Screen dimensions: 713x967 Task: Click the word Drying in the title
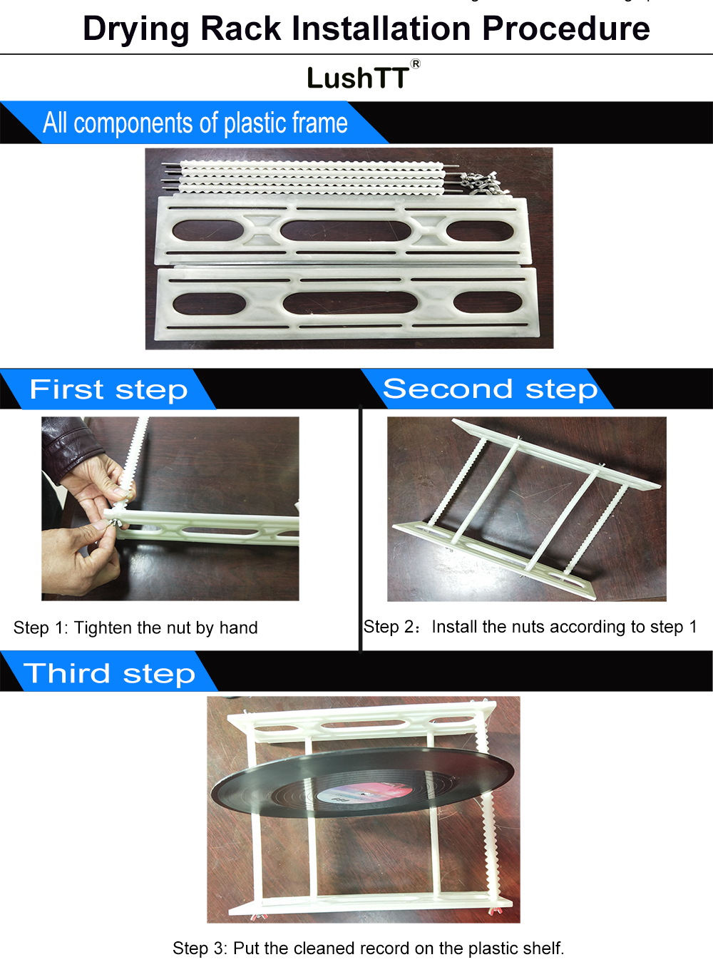pyautogui.click(x=136, y=29)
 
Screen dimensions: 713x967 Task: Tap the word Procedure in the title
pyautogui.click(x=566, y=29)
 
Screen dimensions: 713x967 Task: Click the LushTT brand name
pyautogui.click(x=358, y=78)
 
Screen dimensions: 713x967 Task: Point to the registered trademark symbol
pyautogui.click(x=415, y=64)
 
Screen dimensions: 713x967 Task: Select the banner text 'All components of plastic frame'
pyautogui.click(x=195, y=123)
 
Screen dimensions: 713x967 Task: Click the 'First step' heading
pyautogui.click(x=109, y=389)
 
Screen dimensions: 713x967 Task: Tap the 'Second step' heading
pyautogui.click(x=491, y=389)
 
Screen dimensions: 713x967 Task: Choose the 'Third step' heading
pyautogui.click(x=109, y=673)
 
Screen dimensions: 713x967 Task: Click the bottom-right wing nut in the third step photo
pyautogui.click(x=492, y=912)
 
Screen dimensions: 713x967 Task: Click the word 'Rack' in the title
pyautogui.click(x=241, y=29)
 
